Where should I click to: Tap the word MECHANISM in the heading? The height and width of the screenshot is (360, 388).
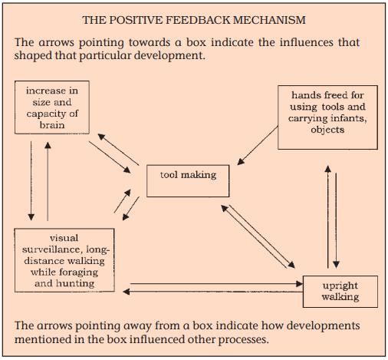click(x=269, y=20)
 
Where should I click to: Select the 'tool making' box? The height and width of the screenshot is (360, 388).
click(x=188, y=181)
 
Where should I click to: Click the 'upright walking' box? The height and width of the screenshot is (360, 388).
click(x=340, y=292)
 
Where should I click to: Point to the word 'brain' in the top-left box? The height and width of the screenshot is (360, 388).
click(x=52, y=125)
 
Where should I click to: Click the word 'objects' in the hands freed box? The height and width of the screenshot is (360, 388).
click(x=327, y=130)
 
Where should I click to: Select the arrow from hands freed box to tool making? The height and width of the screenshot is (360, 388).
click(x=258, y=145)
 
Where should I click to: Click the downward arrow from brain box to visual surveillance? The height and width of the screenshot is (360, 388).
click(x=31, y=180)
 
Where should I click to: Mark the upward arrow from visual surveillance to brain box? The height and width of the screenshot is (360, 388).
click(x=48, y=181)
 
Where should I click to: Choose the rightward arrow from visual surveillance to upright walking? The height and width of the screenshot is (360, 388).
click(x=216, y=283)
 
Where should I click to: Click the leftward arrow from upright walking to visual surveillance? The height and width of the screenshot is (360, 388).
click(x=212, y=292)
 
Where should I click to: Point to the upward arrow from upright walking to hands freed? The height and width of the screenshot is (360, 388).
click(x=328, y=216)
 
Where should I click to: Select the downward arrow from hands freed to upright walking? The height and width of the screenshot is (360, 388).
click(x=336, y=220)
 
